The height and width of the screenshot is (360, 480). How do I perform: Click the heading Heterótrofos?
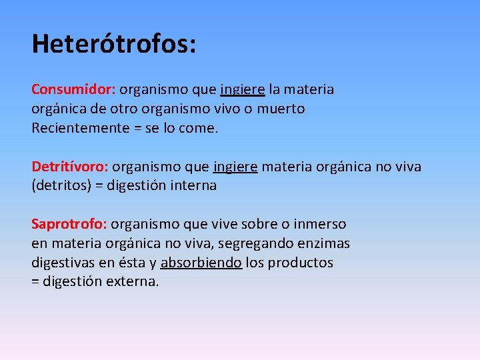(114, 44)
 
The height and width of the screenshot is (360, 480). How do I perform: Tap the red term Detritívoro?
(71, 167)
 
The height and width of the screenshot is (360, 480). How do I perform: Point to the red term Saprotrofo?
(69, 225)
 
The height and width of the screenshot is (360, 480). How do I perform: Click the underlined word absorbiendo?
(201, 263)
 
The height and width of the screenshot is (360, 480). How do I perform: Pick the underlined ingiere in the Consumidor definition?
(243, 89)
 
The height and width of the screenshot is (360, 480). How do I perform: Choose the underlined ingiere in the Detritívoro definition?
(235, 167)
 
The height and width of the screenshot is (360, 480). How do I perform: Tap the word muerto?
(282, 109)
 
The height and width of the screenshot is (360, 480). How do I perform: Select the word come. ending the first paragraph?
(199, 128)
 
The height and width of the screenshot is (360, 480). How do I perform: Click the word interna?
(194, 186)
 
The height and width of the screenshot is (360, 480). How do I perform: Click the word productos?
(301, 263)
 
